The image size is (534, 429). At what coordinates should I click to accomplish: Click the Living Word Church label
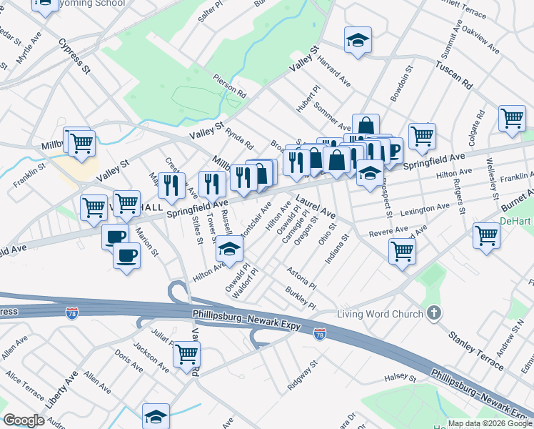click(380, 314)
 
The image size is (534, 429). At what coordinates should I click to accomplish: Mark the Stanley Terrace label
click(475, 347)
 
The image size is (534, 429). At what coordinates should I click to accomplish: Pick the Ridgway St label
click(302, 376)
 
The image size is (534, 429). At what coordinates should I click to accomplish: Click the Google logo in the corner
click(24, 420)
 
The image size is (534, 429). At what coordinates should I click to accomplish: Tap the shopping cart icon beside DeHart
click(486, 234)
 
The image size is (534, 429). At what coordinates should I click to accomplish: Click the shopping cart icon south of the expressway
click(186, 353)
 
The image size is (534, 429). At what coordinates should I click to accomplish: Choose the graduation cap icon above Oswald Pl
click(229, 248)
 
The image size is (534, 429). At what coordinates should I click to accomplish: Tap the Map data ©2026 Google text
click(489, 423)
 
